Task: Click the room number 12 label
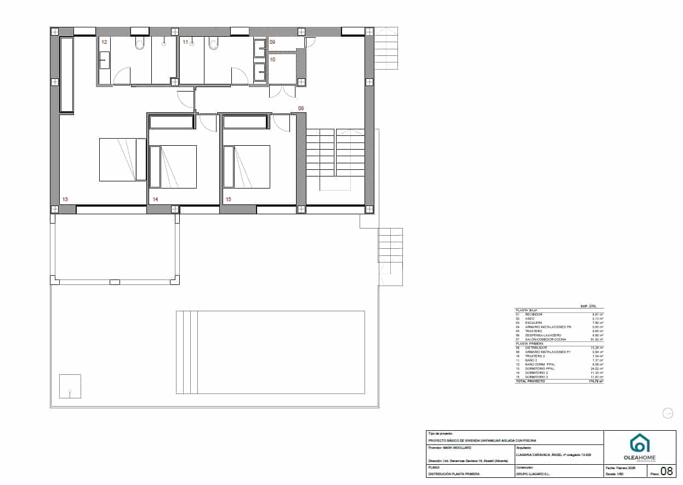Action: click(x=104, y=42)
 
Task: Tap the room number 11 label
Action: click(x=185, y=42)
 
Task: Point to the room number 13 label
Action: click(x=65, y=199)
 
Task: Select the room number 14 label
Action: click(x=155, y=199)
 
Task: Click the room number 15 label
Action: click(x=228, y=199)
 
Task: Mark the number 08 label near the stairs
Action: click(x=301, y=109)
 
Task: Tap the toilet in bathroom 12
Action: click(x=139, y=44)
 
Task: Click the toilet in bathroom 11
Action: click(x=213, y=44)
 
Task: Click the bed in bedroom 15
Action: click(x=247, y=167)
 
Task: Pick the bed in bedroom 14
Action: click(x=173, y=167)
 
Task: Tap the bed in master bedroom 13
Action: click(x=122, y=159)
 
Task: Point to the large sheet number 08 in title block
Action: click(x=667, y=471)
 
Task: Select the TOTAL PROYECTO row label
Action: click(x=530, y=381)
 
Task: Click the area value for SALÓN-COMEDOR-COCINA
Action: click(x=598, y=340)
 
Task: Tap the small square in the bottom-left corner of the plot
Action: click(x=70, y=386)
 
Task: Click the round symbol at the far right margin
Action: click(x=668, y=414)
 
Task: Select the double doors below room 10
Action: click(x=282, y=91)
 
